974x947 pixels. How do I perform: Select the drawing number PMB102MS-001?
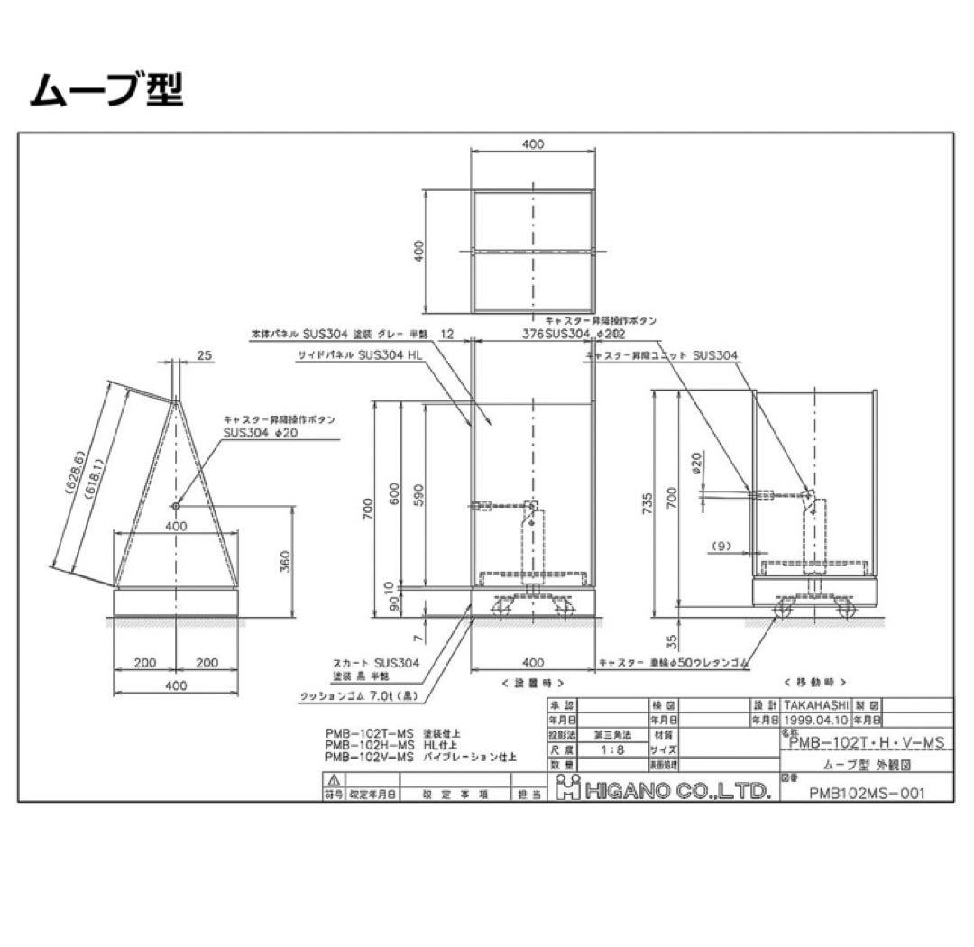tap(867, 793)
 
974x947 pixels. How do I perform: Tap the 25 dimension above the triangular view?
tap(203, 356)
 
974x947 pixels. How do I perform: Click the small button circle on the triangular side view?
tap(177, 506)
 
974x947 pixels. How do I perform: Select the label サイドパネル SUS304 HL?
tap(360, 355)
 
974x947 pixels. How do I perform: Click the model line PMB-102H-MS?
tap(370, 745)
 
